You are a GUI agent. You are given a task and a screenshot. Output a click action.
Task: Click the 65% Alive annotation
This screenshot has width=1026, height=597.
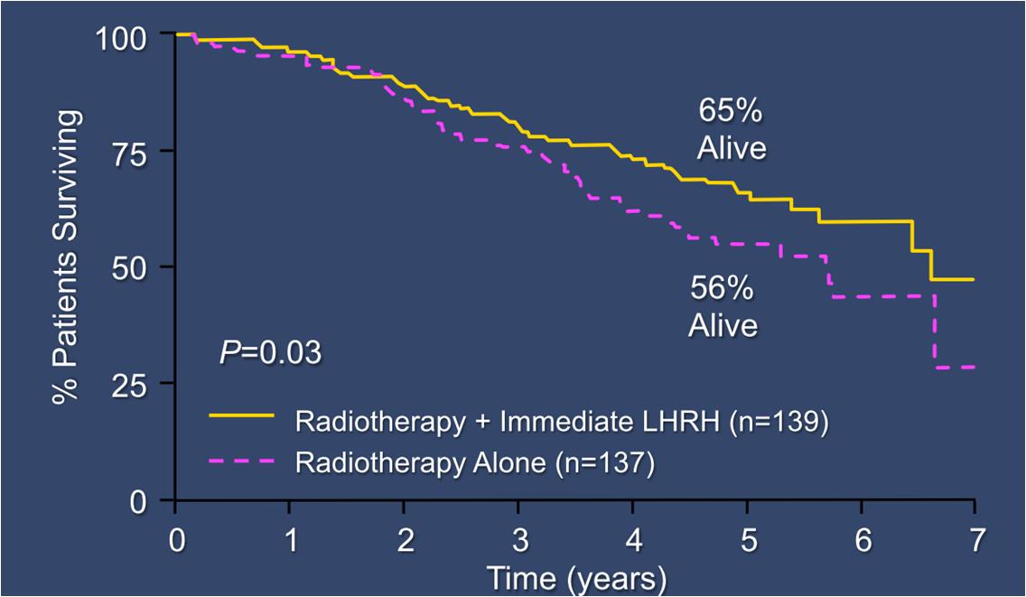pos(731,129)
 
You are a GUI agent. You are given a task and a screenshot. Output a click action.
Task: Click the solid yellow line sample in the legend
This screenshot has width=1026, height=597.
pos(241,415)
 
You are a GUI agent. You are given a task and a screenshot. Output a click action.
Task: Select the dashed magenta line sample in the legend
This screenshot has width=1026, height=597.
pos(241,463)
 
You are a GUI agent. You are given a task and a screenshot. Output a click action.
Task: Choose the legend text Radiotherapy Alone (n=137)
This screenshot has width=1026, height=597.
pos(474,463)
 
